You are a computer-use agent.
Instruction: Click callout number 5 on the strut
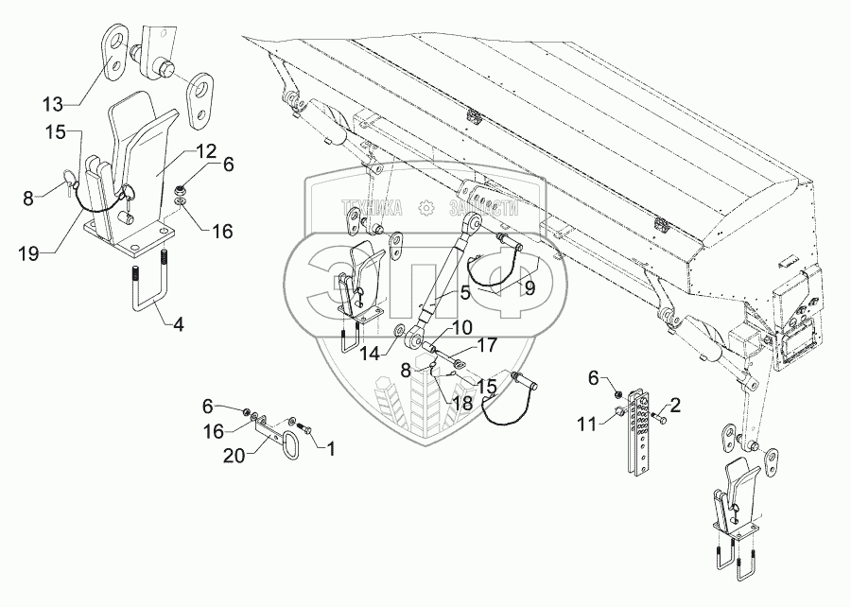pyautogui.click(x=465, y=293)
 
